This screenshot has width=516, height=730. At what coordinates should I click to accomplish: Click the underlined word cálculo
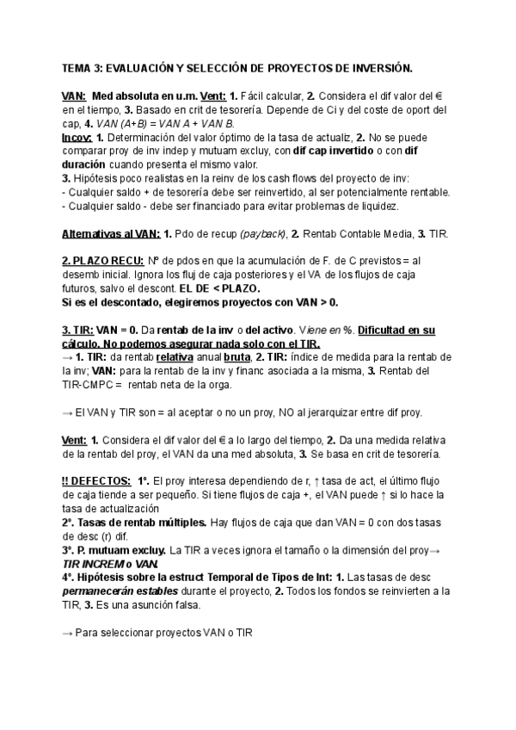(x=83, y=343)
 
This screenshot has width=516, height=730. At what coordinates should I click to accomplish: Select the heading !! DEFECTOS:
(x=97, y=481)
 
